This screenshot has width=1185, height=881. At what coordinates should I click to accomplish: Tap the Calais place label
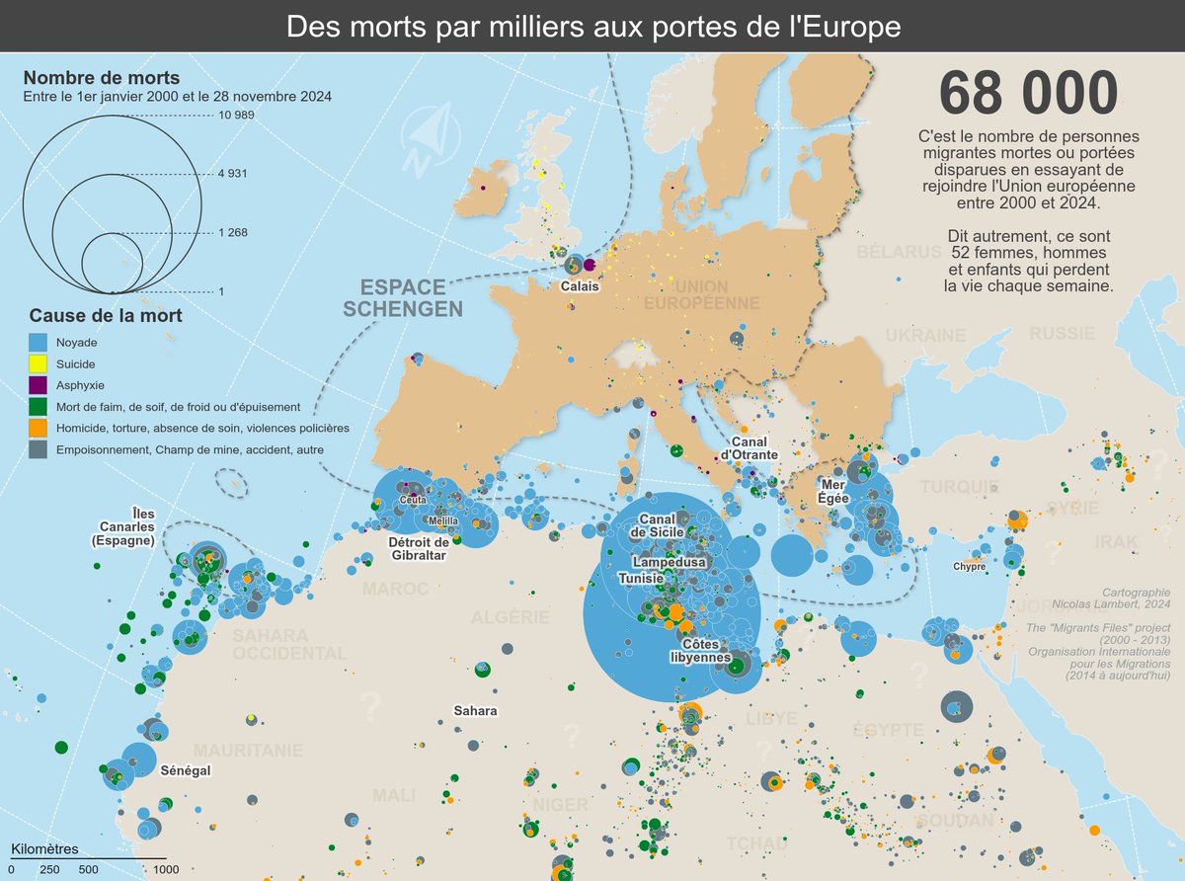point(580,287)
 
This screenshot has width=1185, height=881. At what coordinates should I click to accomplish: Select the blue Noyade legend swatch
point(38,342)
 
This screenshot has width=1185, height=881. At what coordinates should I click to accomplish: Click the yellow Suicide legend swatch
point(38,363)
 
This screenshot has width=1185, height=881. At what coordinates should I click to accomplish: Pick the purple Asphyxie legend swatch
point(38,385)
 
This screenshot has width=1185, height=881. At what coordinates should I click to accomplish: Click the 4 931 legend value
point(233,174)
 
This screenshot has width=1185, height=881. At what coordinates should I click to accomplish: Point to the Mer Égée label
point(834,491)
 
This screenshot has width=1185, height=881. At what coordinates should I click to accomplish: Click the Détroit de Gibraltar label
point(419,548)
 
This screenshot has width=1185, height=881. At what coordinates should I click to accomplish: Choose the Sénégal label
point(186,770)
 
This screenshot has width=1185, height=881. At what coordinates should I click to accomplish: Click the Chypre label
point(969,567)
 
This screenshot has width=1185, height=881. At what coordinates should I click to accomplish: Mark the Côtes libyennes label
point(699,649)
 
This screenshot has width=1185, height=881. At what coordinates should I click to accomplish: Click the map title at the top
point(592,26)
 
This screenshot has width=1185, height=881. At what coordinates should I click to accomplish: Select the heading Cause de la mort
point(105,316)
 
